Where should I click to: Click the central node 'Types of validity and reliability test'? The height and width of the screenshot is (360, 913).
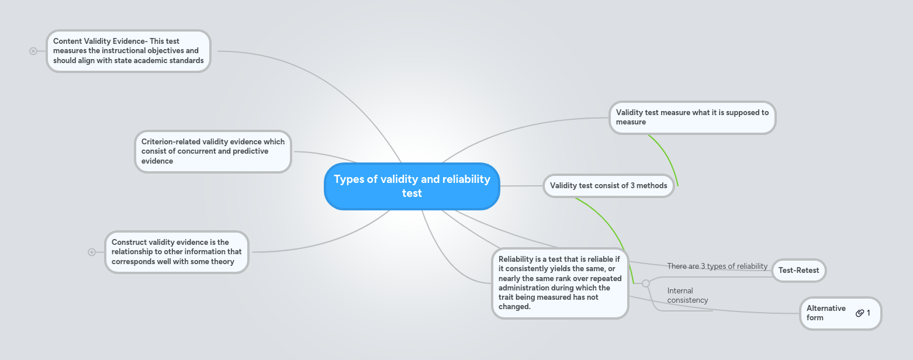412,186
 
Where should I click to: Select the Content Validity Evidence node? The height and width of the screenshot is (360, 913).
128,51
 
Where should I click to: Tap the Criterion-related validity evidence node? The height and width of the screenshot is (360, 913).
213,151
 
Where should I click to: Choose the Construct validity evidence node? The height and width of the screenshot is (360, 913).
177,252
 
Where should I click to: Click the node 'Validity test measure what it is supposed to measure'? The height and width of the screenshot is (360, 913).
692,117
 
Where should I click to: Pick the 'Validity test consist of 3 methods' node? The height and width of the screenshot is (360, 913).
608,186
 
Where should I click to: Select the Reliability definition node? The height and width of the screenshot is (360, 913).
560,283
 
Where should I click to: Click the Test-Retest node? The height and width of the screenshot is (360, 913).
798,271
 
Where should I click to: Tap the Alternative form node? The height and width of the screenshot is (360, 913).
825,313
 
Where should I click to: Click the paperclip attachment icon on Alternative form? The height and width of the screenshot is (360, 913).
859,313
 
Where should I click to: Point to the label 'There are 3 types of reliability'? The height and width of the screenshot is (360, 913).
717,266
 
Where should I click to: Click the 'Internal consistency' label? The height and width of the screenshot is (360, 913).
687,295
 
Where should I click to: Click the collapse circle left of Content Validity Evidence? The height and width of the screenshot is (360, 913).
33,51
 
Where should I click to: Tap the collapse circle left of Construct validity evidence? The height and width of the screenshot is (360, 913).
92,252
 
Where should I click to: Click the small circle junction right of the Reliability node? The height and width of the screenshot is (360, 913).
645,283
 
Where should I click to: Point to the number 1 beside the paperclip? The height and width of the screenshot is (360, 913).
869,313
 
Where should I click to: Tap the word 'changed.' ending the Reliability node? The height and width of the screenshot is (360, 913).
514,307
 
